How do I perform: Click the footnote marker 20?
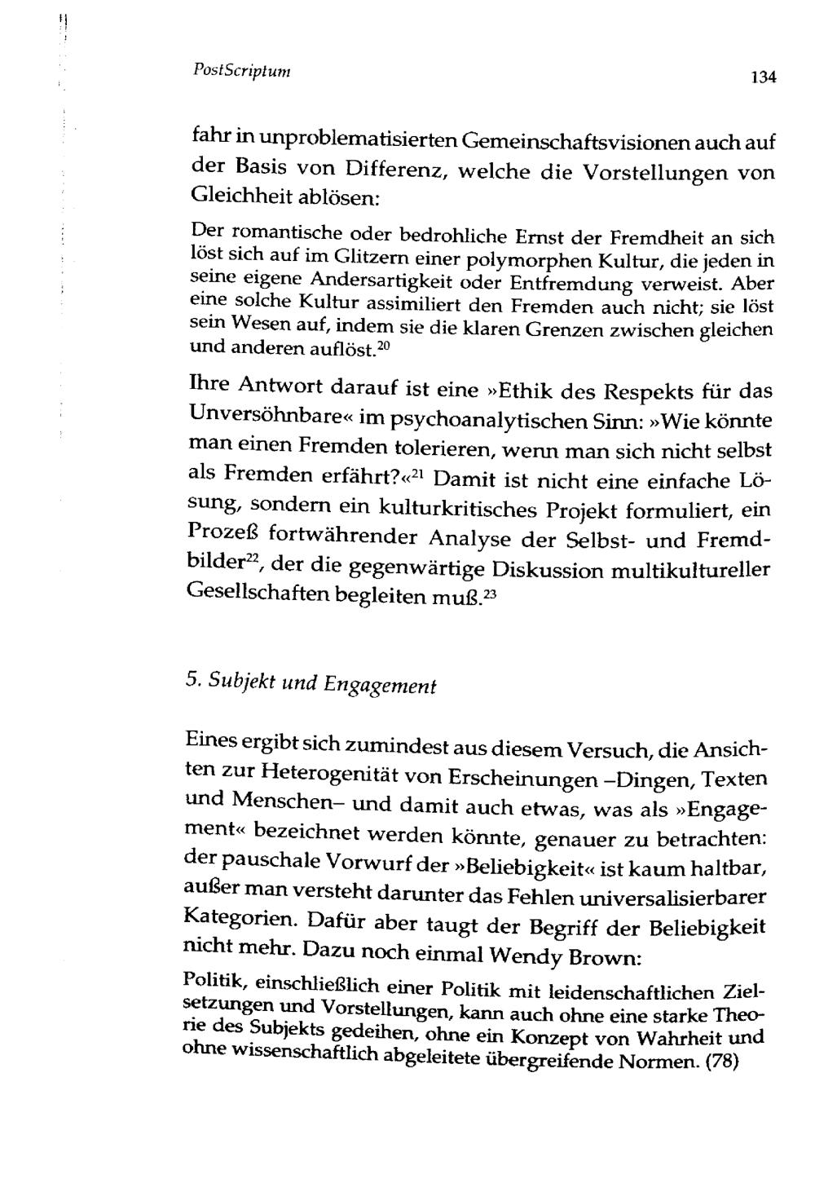(x=385, y=348)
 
